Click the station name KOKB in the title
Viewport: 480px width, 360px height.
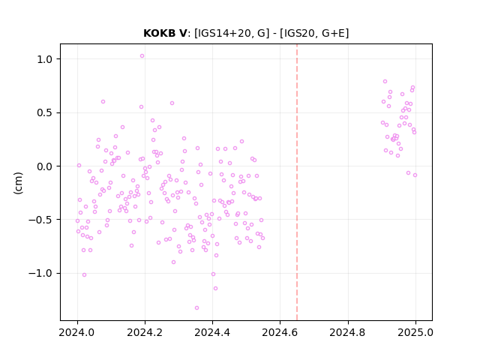[x=160, y=33]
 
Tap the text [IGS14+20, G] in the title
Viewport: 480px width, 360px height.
[x=232, y=33]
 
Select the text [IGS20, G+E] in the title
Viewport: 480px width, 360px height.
[x=314, y=33]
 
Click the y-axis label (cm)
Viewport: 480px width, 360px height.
[x=18, y=183]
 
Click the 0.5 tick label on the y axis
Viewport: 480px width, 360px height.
[x=45, y=113]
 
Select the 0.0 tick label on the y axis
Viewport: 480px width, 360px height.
[x=45, y=166]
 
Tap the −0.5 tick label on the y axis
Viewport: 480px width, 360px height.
[x=40, y=220]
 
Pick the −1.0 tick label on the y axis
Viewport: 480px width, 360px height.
[x=40, y=273]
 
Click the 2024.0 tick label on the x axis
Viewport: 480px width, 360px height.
[x=77, y=332]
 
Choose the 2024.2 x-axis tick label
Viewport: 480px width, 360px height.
[x=145, y=332]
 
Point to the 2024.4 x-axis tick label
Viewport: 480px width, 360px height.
[x=212, y=332]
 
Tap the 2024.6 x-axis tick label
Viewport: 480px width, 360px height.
[x=280, y=332]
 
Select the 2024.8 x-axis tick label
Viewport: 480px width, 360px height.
[x=348, y=332]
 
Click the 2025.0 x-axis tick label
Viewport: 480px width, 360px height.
[x=415, y=332]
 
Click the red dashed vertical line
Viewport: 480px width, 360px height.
[x=297, y=182]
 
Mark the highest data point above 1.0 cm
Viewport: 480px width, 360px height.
[x=142, y=56]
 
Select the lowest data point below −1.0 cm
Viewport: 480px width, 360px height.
[x=196, y=308]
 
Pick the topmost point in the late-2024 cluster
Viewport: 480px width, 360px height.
[x=385, y=82]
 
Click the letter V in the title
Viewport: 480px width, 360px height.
[x=183, y=33]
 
